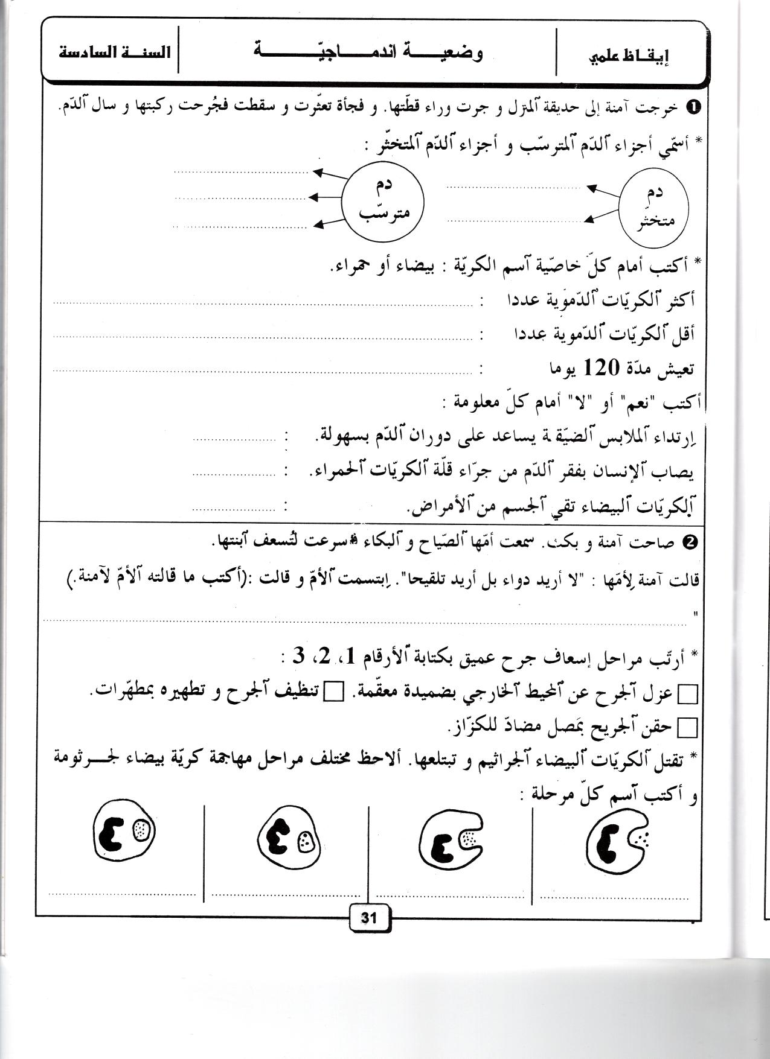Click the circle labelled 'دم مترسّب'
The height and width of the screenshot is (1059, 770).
click(x=383, y=200)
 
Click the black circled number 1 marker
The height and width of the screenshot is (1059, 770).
click(x=693, y=108)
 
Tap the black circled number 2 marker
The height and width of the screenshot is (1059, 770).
click(x=692, y=542)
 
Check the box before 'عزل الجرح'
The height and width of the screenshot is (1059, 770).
click(x=688, y=695)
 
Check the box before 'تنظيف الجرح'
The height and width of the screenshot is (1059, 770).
click(x=333, y=692)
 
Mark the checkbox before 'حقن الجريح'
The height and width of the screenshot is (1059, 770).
click(x=688, y=728)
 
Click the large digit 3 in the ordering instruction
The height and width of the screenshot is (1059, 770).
click(x=298, y=657)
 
